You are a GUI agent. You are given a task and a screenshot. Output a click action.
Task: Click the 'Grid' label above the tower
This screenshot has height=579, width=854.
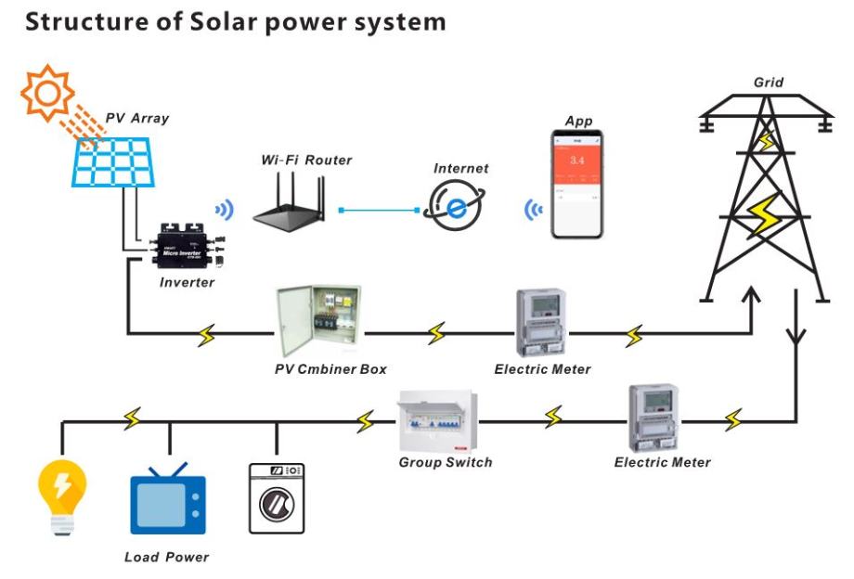click(x=768, y=83)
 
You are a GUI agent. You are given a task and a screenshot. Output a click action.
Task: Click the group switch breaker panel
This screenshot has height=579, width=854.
click(x=435, y=421)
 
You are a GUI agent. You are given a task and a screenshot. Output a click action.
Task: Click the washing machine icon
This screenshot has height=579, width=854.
click(x=277, y=497)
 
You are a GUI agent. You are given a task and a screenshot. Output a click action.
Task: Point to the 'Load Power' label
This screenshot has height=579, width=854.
click(x=167, y=557)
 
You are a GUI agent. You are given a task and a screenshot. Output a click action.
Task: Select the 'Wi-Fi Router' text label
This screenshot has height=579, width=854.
click(x=306, y=161)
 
